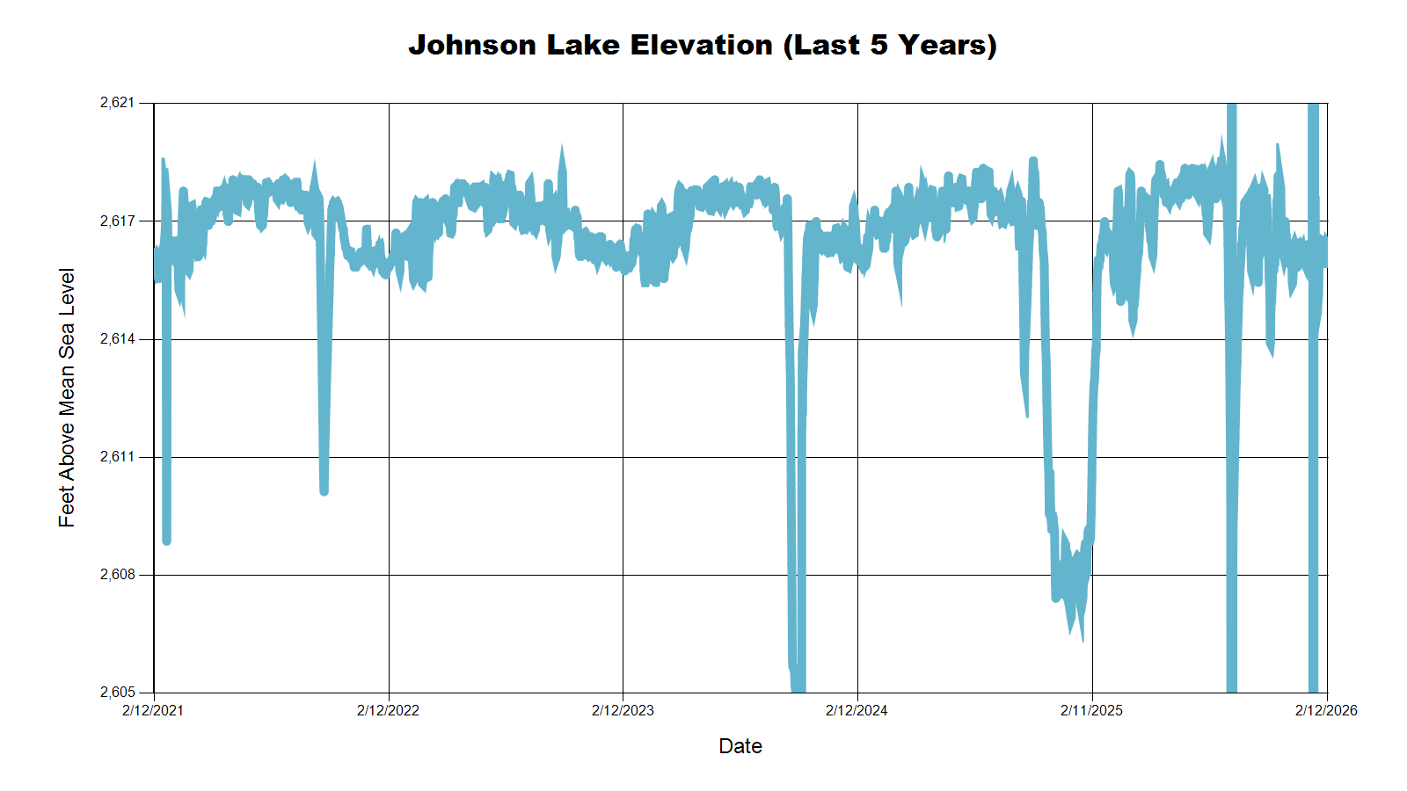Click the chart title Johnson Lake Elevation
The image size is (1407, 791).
click(702, 45)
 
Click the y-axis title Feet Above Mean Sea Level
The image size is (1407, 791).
click(67, 397)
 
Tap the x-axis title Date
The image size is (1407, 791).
click(740, 746)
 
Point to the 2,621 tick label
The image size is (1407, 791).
click(118, 103)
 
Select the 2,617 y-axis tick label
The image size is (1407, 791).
click(118, 221)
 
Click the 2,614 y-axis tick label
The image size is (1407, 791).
click(118, 339)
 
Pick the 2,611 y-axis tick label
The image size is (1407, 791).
click(118, 457)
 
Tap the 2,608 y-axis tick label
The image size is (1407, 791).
click(118, 575)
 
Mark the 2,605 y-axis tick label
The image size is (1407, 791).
click(118, 693)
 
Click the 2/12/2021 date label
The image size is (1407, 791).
click(153, 710)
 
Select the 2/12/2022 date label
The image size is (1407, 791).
click(388, 710)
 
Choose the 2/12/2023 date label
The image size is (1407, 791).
click(623, 710)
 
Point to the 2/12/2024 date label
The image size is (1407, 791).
click(857, 710)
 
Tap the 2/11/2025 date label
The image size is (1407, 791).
click(1091, 710)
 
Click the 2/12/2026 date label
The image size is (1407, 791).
click(1326, 710)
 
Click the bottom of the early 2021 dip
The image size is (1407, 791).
click(166, 540)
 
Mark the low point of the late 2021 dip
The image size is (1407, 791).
click(324, 490)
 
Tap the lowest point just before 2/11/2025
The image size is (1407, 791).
click(1082, 638)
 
